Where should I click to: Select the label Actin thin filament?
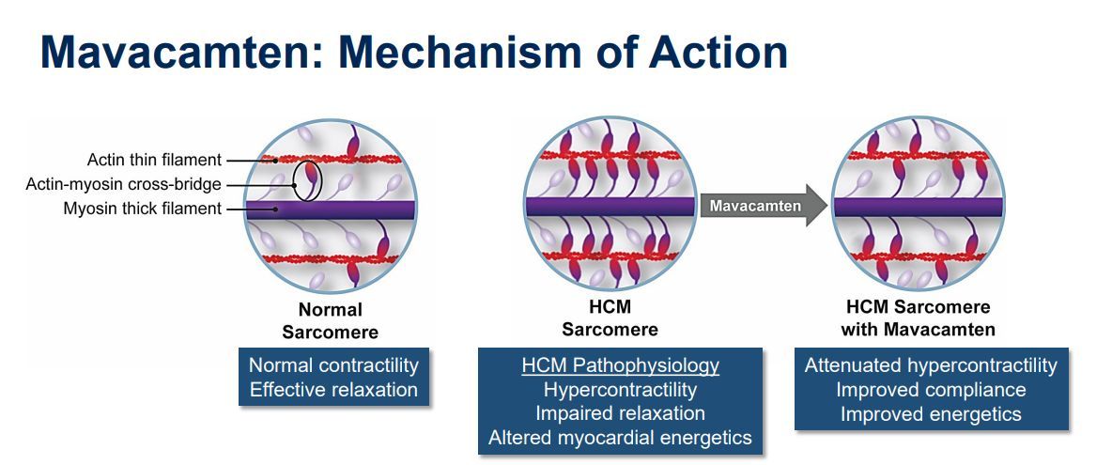click(x=154, y=160)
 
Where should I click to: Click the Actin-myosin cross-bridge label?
click(x=123, y=184)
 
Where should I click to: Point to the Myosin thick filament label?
click(x=143, y=209)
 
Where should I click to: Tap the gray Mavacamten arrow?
click(x=757, y=206)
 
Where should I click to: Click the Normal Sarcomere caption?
click(x=330, y=320)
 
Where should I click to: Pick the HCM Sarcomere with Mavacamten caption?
click(x=918, y=318)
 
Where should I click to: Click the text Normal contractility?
click(x=333, y=365)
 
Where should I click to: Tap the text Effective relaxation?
click(x=333, y=389)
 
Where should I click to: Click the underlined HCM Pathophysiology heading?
click(x=621, y=365)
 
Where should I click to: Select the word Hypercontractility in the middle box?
click(x=621, y=389)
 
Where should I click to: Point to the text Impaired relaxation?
click(x=621, y=412)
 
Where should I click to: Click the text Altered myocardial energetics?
click(x=621, y=436)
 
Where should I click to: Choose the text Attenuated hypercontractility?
click(x=931, y=365)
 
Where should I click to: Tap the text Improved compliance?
click(x=931, y=389)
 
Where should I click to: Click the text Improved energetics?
click(x=931, y=412)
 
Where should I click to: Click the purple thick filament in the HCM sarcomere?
click(x=610, y=207)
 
